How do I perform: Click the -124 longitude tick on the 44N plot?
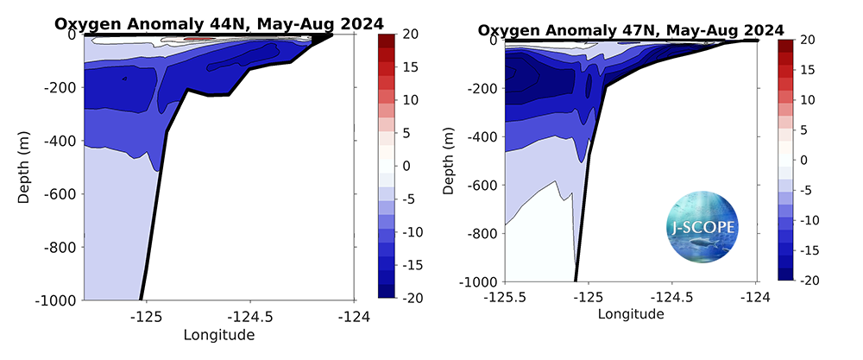pyautogui.click(x=354, y=316)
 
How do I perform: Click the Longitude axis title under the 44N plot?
pyautogui.click(x=219, y=333)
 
